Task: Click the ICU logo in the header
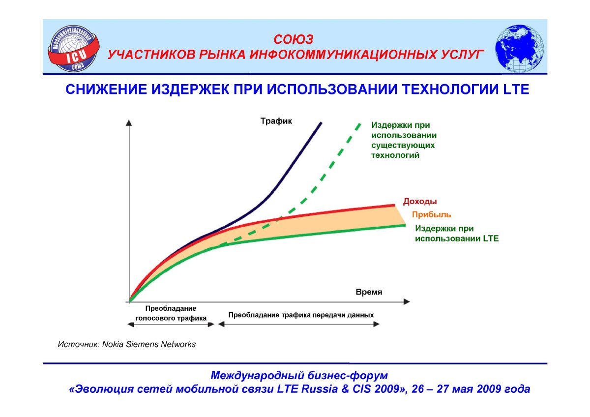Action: point(74,49)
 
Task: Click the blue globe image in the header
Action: point(519,49)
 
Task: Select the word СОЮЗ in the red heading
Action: point(294,40)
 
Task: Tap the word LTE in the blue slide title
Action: point(516,89)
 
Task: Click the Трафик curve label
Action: point(276,121)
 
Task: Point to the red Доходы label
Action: point(420,202)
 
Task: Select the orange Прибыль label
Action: point(432,215)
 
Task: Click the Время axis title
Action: point(369,292)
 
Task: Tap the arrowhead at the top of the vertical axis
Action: point(129,123)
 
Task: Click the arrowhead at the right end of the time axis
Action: point(407,301)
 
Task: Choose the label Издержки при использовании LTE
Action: point(457,234)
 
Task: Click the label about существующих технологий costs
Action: point(404,140)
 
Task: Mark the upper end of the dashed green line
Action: point(360,123)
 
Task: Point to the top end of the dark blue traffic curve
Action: point(321,122)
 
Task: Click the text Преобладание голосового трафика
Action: point(171,313)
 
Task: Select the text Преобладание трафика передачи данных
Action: point(301,315)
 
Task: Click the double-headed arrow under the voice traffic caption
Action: point(171,325)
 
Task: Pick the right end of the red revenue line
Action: point(394,205)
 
